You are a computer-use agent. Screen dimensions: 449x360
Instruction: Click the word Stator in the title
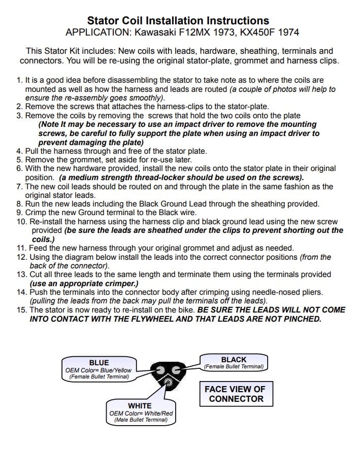pos(103,21)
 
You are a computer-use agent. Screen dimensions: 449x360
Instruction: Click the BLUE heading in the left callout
pos(99,363)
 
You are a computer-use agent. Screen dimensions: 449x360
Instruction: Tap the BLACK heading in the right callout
pos(234,359)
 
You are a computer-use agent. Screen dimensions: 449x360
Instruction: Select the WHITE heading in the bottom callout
pos(140,406)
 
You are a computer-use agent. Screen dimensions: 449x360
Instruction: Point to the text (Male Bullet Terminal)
pos(141,420)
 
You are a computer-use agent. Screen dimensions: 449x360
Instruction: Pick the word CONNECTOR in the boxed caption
pos(236,399)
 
